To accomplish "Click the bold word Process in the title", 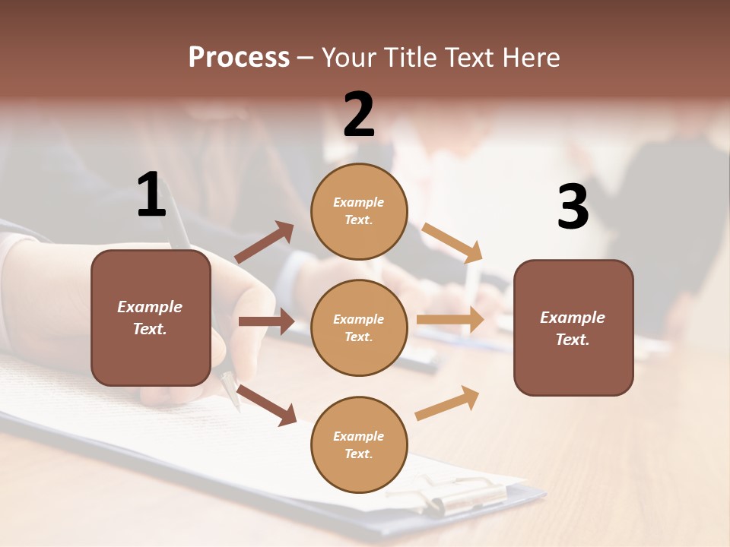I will click(239, 58).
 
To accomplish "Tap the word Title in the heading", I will click(409, 58).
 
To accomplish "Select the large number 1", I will click(151, 194).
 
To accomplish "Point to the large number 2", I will click(359, 115).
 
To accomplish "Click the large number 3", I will click(573, 207).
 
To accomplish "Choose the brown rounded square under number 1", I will click(151, 318).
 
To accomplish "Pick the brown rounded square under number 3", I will click(573, 327).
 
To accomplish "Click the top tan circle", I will click(359, 211).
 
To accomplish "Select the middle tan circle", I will click(359, 327).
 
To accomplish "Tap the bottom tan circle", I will click(359, 444).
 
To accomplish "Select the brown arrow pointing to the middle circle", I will click(266, 321).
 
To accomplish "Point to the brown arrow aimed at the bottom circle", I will click(267, 405).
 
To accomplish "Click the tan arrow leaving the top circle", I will click(452, 243).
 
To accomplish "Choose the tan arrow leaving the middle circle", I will click(450, 320).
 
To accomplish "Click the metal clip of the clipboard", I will click(449, 494).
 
